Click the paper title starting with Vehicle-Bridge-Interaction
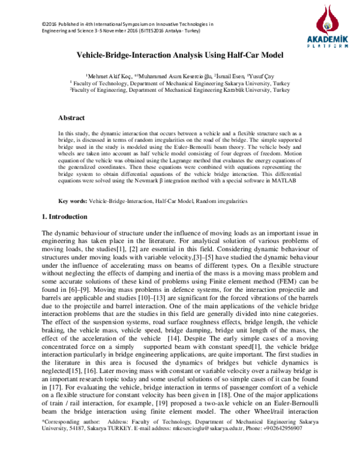tap(179, 55)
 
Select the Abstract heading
tap(71, 118)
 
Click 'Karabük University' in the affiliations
tap(245, 91)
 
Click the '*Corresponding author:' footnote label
tap(62, 440)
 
